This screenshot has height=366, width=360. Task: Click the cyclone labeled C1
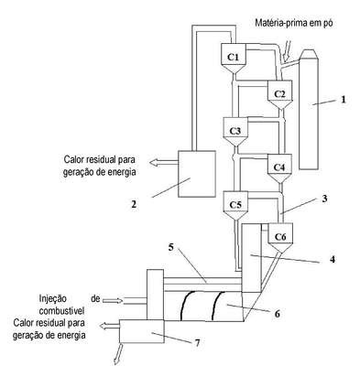pyautogui.click(x=234, y=58)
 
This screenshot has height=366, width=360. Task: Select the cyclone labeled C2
pyautogui.click(x=280, y=95)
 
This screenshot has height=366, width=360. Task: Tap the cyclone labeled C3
pyautogui.click(x=235, y=132)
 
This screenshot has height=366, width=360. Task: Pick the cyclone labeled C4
pyautogui.click(x=279, y=168)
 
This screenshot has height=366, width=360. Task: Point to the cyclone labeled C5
pyautogui.click(x=235, y=205)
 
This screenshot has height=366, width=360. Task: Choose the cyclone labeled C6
pyautogui.click(x=280, y=237)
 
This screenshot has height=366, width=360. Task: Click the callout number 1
pyautogui.click(x=344, y=100)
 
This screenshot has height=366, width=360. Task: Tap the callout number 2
pyautogui.click(x=134, y=204)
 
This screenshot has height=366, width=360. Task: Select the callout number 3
pyautogui.click(x=324, y=199)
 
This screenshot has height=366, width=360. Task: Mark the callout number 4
pyautogui.click(x=333, y=259)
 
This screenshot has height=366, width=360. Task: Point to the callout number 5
pyautogui.click(x=171, y=247)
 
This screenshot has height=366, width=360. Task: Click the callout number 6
pyautogui.click(x=278, y=314)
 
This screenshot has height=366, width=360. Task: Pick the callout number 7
pyautogui.click(x=197, y=343)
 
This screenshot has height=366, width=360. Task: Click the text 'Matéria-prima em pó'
pyautogui.click(x=294, y=23)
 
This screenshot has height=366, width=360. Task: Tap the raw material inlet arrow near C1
pyautogui.click(x=287, y=50)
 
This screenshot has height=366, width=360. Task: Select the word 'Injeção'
pyautogui.click(x=52, y=299)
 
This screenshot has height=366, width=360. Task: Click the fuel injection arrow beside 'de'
pyautogui.click(x=113, y=301)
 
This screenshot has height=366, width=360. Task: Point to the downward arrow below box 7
pyautogui.click(x=118, y=354)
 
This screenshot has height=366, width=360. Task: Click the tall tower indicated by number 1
pyautogui.click(x=310, y=109)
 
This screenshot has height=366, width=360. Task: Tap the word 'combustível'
pyautogui.click(x=61, y=311)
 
